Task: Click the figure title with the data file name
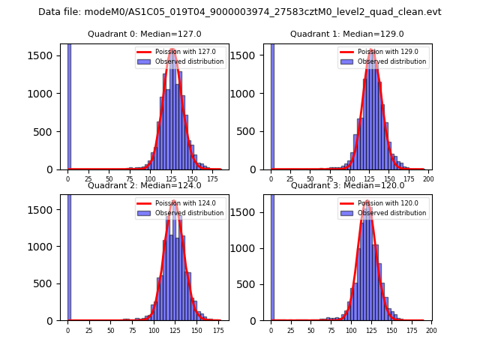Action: point(240,12)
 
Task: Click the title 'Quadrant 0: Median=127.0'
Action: point(144,34)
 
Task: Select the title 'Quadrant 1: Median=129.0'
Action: point(346,34)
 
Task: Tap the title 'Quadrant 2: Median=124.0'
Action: point(144,185)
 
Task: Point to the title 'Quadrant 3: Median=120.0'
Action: point(346,185)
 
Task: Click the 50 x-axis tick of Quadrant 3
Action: point(311,330)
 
